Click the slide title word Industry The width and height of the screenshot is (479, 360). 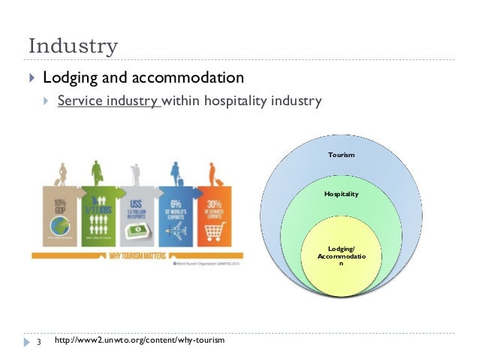pos(73,47)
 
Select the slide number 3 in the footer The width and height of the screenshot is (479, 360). pos(38,342)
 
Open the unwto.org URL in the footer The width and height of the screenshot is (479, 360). pos(140,342)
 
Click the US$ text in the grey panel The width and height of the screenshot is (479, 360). pos(135,202)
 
